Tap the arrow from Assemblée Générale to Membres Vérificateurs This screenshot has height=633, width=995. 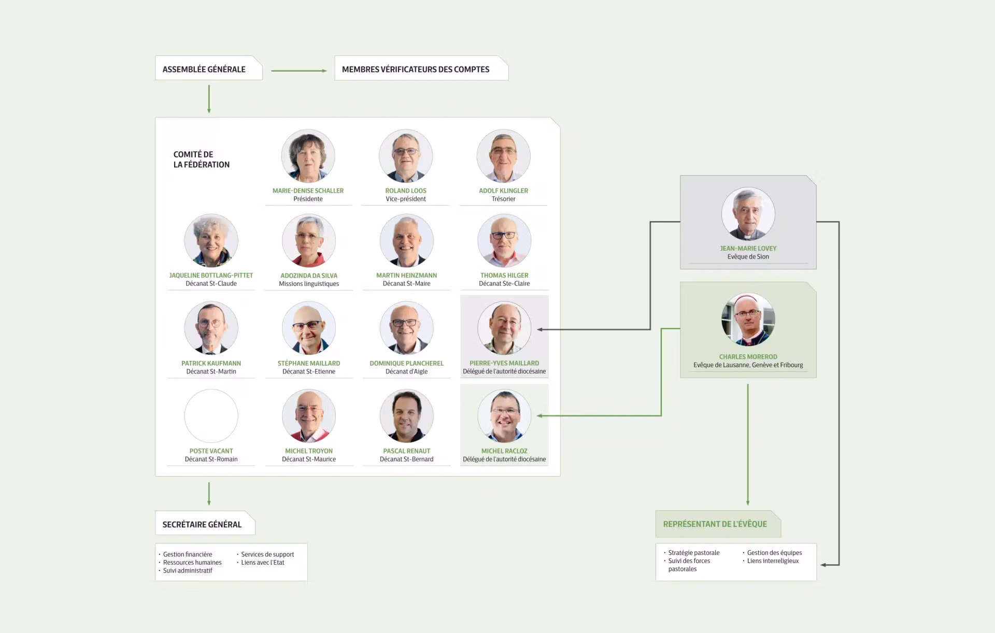(299, 70)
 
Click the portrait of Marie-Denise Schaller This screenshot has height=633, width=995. (308, 156)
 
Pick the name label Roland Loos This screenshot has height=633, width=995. (406, 191)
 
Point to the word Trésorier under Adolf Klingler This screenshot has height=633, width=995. (503, 199)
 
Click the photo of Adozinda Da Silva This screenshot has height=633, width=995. (309, 241)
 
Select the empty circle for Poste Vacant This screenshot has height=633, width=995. (211, 416)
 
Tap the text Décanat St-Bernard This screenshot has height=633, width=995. (406, 459)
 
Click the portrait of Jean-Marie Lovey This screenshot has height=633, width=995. (748, 214)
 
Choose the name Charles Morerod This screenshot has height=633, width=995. (748, 357)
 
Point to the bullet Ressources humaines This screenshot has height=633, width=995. (192, 563)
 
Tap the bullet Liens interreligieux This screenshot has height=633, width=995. (773, 561)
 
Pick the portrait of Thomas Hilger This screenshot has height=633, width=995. (504, 241)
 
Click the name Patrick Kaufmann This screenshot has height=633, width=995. (211, 363)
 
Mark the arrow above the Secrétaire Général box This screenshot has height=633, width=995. (209, 494)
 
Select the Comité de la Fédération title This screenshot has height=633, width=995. (201, 160)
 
